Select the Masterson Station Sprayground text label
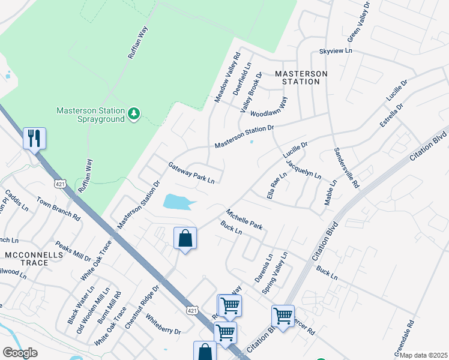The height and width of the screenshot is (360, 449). (x=91, y=115)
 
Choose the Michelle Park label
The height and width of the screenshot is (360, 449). (x=244, y=219)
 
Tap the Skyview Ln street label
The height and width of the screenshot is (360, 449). (x=336, y=52)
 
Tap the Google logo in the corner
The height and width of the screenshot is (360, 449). (x=20, y=353)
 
